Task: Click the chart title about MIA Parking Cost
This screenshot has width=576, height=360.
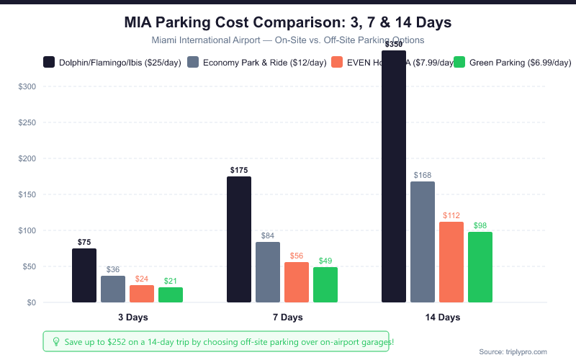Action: click(x=288, y=22)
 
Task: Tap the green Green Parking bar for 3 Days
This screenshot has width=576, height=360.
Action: click(x=171, y=294)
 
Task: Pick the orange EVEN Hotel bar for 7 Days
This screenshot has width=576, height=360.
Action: click(x=297, y=282)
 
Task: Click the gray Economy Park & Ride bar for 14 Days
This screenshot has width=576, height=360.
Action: click(x=423, y=242)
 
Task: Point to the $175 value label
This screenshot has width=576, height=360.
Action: click(x=239, y=171)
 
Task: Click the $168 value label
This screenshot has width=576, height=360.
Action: click(x=423, y=175)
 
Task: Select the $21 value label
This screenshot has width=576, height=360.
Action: click(x=171, y=281)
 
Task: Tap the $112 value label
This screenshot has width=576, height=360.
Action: click(x=451, y=215)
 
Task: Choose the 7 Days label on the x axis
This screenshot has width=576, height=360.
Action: click(x=282, y=317)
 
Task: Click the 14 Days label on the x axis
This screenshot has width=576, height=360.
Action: click(x=437, y=317)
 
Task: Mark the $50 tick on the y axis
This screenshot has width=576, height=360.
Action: click(x=28, y=266)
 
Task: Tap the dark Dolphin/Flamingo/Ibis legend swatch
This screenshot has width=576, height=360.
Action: click(x=49, y=63)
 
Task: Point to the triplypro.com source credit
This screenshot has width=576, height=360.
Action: click(x=513, y=351)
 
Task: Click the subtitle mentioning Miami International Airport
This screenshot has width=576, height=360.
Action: click(x=288, y=40)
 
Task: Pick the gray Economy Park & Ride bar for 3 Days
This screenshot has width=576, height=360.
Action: click(x=113, y=289)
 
